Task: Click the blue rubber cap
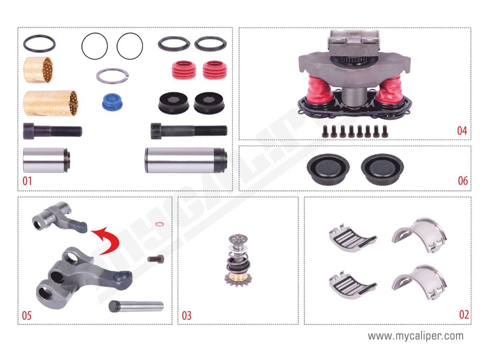coord(112,102)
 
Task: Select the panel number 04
coord(462,131)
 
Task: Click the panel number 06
coord(463,181)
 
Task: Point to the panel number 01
coord(27,181)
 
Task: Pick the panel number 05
coord(27,316)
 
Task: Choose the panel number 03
coord(186,316)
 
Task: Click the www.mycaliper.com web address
coord(416,336)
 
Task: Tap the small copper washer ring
coord(160,224)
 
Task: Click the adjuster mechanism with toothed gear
coord(238,260)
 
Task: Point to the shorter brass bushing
coord(38,70)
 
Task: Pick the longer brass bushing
coord(51,103)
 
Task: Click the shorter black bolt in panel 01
coord(52,131)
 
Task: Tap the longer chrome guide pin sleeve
coord(186,160)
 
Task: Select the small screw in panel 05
coord(156,259)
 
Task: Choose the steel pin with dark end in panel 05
coord(136,306)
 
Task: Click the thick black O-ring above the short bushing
coord(39,44)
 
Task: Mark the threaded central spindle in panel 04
coord(354,97)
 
